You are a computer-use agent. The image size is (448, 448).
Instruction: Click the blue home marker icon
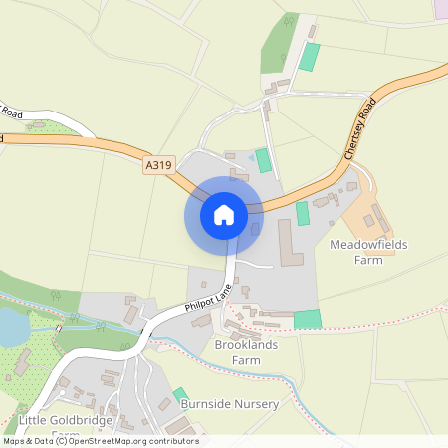click(223, 214)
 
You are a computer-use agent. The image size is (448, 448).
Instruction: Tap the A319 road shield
click(157, 165)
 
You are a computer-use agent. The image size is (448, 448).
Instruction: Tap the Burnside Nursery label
click(230, 405)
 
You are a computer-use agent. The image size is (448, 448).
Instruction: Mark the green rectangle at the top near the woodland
click(311, 56)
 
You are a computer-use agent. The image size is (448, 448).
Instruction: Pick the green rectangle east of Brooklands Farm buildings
click(308, 319)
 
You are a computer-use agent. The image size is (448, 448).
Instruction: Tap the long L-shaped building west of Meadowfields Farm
click(290, 245)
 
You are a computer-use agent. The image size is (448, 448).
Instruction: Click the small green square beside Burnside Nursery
click(180, 396)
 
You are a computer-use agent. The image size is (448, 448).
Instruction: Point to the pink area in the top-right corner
click(440, 7)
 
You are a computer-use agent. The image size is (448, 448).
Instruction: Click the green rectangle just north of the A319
click(263, 160)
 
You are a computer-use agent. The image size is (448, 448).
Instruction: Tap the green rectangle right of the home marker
click(303, 213)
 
